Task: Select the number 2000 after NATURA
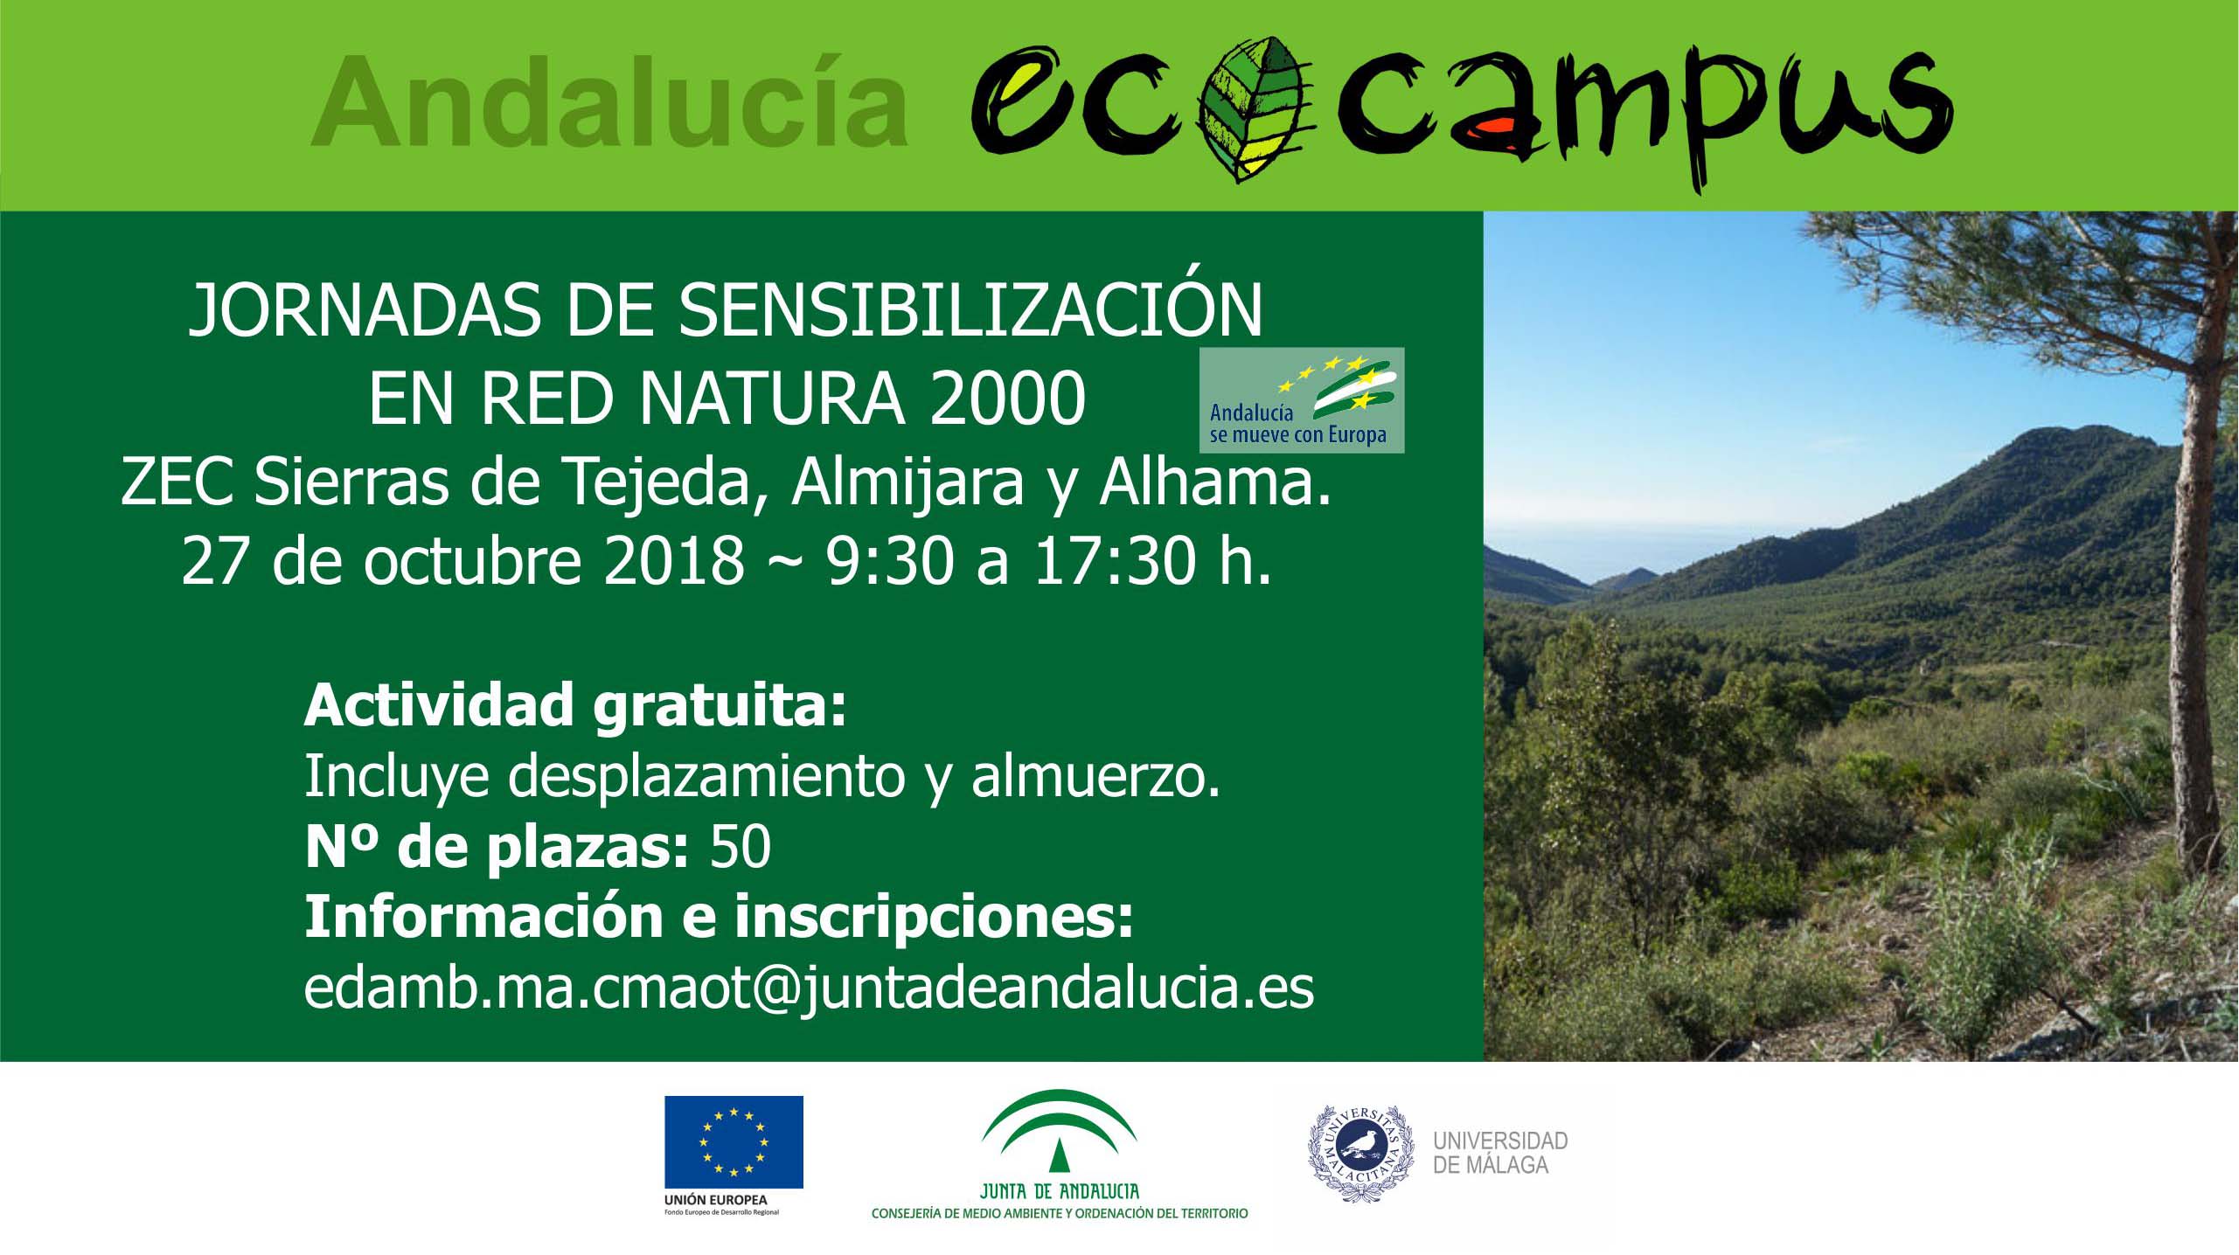tap(1007, 399)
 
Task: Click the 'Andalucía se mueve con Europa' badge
tap(1302, 400)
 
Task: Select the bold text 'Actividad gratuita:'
tap(576, 705)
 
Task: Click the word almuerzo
tap(1096, 777)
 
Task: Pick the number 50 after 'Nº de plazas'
tap(741, 846)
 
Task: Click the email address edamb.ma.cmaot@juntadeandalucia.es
tap(809, 988)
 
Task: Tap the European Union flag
tap(734, 1142)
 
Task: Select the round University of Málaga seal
tap(1360, 1154)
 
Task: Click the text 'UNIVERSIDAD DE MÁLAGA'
tap(1500, 1153)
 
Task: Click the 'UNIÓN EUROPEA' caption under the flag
tap(715, 1200)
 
